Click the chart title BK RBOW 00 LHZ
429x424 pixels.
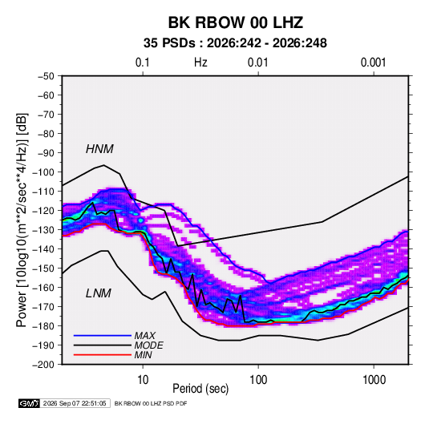235,22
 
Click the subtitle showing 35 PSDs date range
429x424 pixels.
235,43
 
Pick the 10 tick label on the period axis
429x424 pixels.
143,380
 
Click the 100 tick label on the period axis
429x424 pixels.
258,380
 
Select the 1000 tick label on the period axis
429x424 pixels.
374,380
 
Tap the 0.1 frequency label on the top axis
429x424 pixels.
143,63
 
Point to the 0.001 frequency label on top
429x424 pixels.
374,63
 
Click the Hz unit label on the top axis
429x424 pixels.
200,63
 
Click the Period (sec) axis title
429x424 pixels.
200,389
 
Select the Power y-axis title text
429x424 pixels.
22,220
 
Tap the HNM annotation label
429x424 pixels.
99,149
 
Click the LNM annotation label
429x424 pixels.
99,293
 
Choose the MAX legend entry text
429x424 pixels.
145,336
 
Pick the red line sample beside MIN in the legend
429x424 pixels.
103,355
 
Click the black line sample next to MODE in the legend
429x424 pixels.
103,345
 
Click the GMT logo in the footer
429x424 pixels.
29,403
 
